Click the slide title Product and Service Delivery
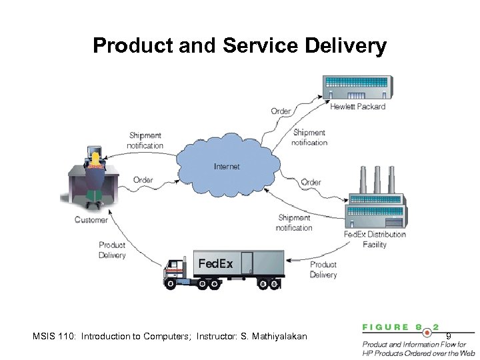(x=239, y=45)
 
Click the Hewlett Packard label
(x=358, y=107)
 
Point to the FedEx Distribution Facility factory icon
(x=377, y=201)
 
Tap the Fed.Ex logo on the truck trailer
(x=216, y=264)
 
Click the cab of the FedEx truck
(x=177, y=270)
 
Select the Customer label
(x=91, y=220)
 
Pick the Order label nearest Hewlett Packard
(x=281, y=111)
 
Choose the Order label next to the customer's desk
(x=143, y=179)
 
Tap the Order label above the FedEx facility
(x=311, y=182)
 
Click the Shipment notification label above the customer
(x=145, y=141)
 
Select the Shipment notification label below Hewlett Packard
(x=310, y=137)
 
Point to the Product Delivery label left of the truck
(x=112, y=250)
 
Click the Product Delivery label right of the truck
(x=323, y=269)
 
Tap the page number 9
(x=449, y=336)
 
